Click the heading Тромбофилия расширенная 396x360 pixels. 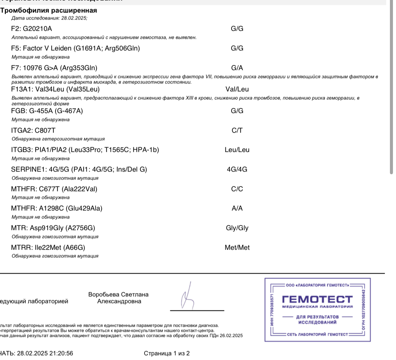48,10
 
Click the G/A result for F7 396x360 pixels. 237,68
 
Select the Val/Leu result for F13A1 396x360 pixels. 237,89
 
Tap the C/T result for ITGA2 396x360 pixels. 237,130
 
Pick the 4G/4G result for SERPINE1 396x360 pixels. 237,169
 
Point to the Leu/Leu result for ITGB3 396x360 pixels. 237,150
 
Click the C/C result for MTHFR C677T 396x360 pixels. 237,189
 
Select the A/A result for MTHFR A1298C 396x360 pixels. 237,208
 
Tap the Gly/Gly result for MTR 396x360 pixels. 237,228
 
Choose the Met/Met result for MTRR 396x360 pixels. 237,248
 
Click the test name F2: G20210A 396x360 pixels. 31,29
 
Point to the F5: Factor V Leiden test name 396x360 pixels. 75,48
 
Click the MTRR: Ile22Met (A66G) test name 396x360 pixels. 48,248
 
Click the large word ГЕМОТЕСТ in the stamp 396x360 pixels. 317,299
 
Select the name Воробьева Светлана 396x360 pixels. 118,295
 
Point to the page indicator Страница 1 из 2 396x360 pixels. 167,354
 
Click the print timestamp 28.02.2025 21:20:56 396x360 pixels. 45,354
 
